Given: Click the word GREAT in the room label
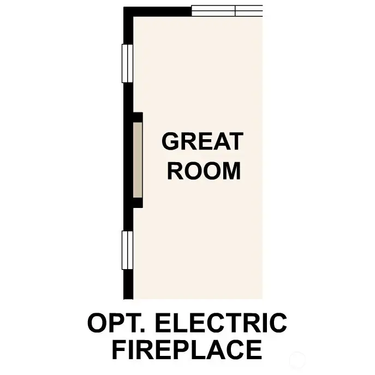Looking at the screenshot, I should point(202,142).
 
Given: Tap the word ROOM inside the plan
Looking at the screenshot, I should point(204,171).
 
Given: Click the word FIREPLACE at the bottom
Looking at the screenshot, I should point(187,350).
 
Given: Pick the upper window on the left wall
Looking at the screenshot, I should point(127,63).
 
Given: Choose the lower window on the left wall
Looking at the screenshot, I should point(127,250).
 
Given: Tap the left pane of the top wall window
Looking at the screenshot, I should point(213,11).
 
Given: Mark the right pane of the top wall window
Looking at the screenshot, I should point(249,11).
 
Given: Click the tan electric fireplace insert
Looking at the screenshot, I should point(138,159).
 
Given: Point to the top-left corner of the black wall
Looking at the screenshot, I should point(127,11).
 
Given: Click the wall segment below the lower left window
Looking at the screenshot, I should point(128,284).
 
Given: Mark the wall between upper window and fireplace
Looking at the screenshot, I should point(128,98).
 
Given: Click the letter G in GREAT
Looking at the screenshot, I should point(170,142).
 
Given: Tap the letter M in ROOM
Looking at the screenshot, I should point(231,171).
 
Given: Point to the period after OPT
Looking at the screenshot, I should point(137,330).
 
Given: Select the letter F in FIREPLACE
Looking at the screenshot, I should point(118,350).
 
